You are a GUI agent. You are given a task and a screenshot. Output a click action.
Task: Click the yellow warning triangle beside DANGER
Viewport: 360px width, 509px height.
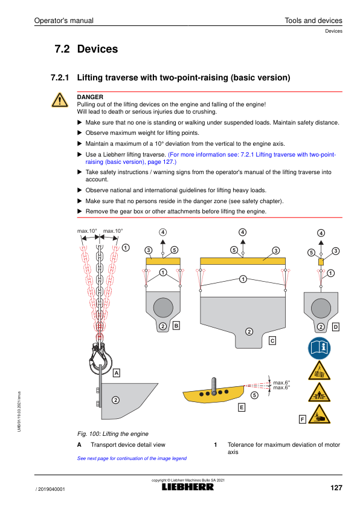[60, 100]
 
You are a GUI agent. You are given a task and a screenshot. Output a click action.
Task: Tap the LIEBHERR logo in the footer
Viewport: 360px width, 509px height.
[188, 487]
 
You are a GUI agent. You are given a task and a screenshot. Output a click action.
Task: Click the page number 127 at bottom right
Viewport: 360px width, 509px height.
[336, 488]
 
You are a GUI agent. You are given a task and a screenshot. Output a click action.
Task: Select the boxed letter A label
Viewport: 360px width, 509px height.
[117, 373]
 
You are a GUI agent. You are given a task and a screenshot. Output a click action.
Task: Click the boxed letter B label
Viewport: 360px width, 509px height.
[176, 326]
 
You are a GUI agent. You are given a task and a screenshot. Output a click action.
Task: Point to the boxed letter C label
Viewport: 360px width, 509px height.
[272, 340]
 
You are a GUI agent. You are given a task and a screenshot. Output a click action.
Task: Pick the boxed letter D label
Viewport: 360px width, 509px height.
[336, 327]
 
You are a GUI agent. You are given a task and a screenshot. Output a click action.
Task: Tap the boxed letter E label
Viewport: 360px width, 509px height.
[241, 407]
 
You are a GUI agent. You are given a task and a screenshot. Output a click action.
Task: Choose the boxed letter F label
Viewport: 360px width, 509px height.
[302, 420]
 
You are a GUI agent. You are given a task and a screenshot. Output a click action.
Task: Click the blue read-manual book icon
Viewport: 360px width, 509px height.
[319, 348]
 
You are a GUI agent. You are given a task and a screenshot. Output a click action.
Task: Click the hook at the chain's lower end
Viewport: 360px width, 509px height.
[100, 357]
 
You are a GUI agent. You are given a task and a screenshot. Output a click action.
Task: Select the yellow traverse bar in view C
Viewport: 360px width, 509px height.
[243, 261]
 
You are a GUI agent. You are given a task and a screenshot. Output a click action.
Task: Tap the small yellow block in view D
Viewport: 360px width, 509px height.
[321, 262]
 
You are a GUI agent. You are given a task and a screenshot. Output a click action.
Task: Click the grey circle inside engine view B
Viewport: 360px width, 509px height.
[163, 308]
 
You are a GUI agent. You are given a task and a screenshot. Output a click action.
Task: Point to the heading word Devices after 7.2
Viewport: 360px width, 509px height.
[97, 49]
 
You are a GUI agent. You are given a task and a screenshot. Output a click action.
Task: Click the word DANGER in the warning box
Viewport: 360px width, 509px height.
[90, 97]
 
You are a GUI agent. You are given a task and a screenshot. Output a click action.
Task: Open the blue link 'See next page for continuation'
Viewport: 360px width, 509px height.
[132, 458]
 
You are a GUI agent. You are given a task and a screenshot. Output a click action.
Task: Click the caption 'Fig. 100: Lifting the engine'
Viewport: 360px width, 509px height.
[113, 433]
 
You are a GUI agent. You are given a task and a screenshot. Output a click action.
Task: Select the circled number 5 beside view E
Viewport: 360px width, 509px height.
[254, 395]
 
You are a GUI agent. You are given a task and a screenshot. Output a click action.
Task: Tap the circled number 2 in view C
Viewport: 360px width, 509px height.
[249, 331]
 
